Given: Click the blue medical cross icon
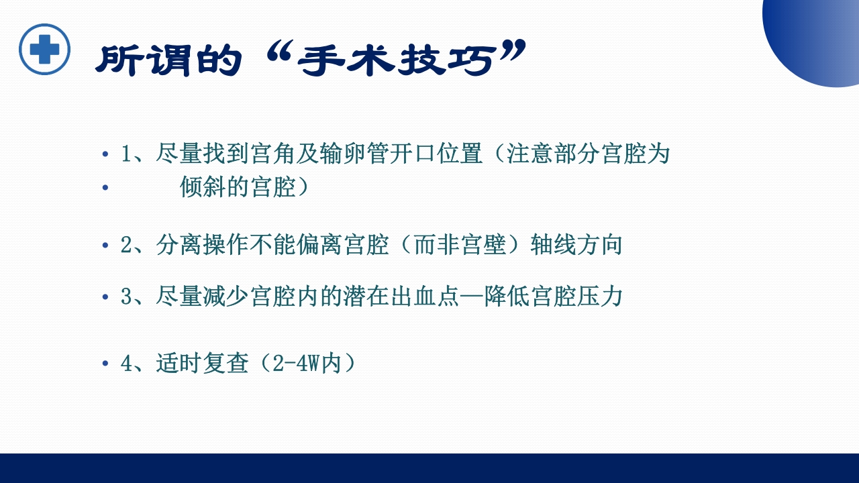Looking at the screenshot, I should click(44, 49).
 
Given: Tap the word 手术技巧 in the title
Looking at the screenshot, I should click(403, 60).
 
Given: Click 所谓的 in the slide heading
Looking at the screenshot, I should click(168, 61).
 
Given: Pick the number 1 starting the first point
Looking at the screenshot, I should click(127, 155).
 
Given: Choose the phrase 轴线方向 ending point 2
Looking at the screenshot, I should click(576, 245).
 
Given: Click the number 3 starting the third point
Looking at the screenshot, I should click(127, 297).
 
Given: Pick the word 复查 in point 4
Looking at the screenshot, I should click(225, 364).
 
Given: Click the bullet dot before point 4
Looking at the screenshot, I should click(105, 364).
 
